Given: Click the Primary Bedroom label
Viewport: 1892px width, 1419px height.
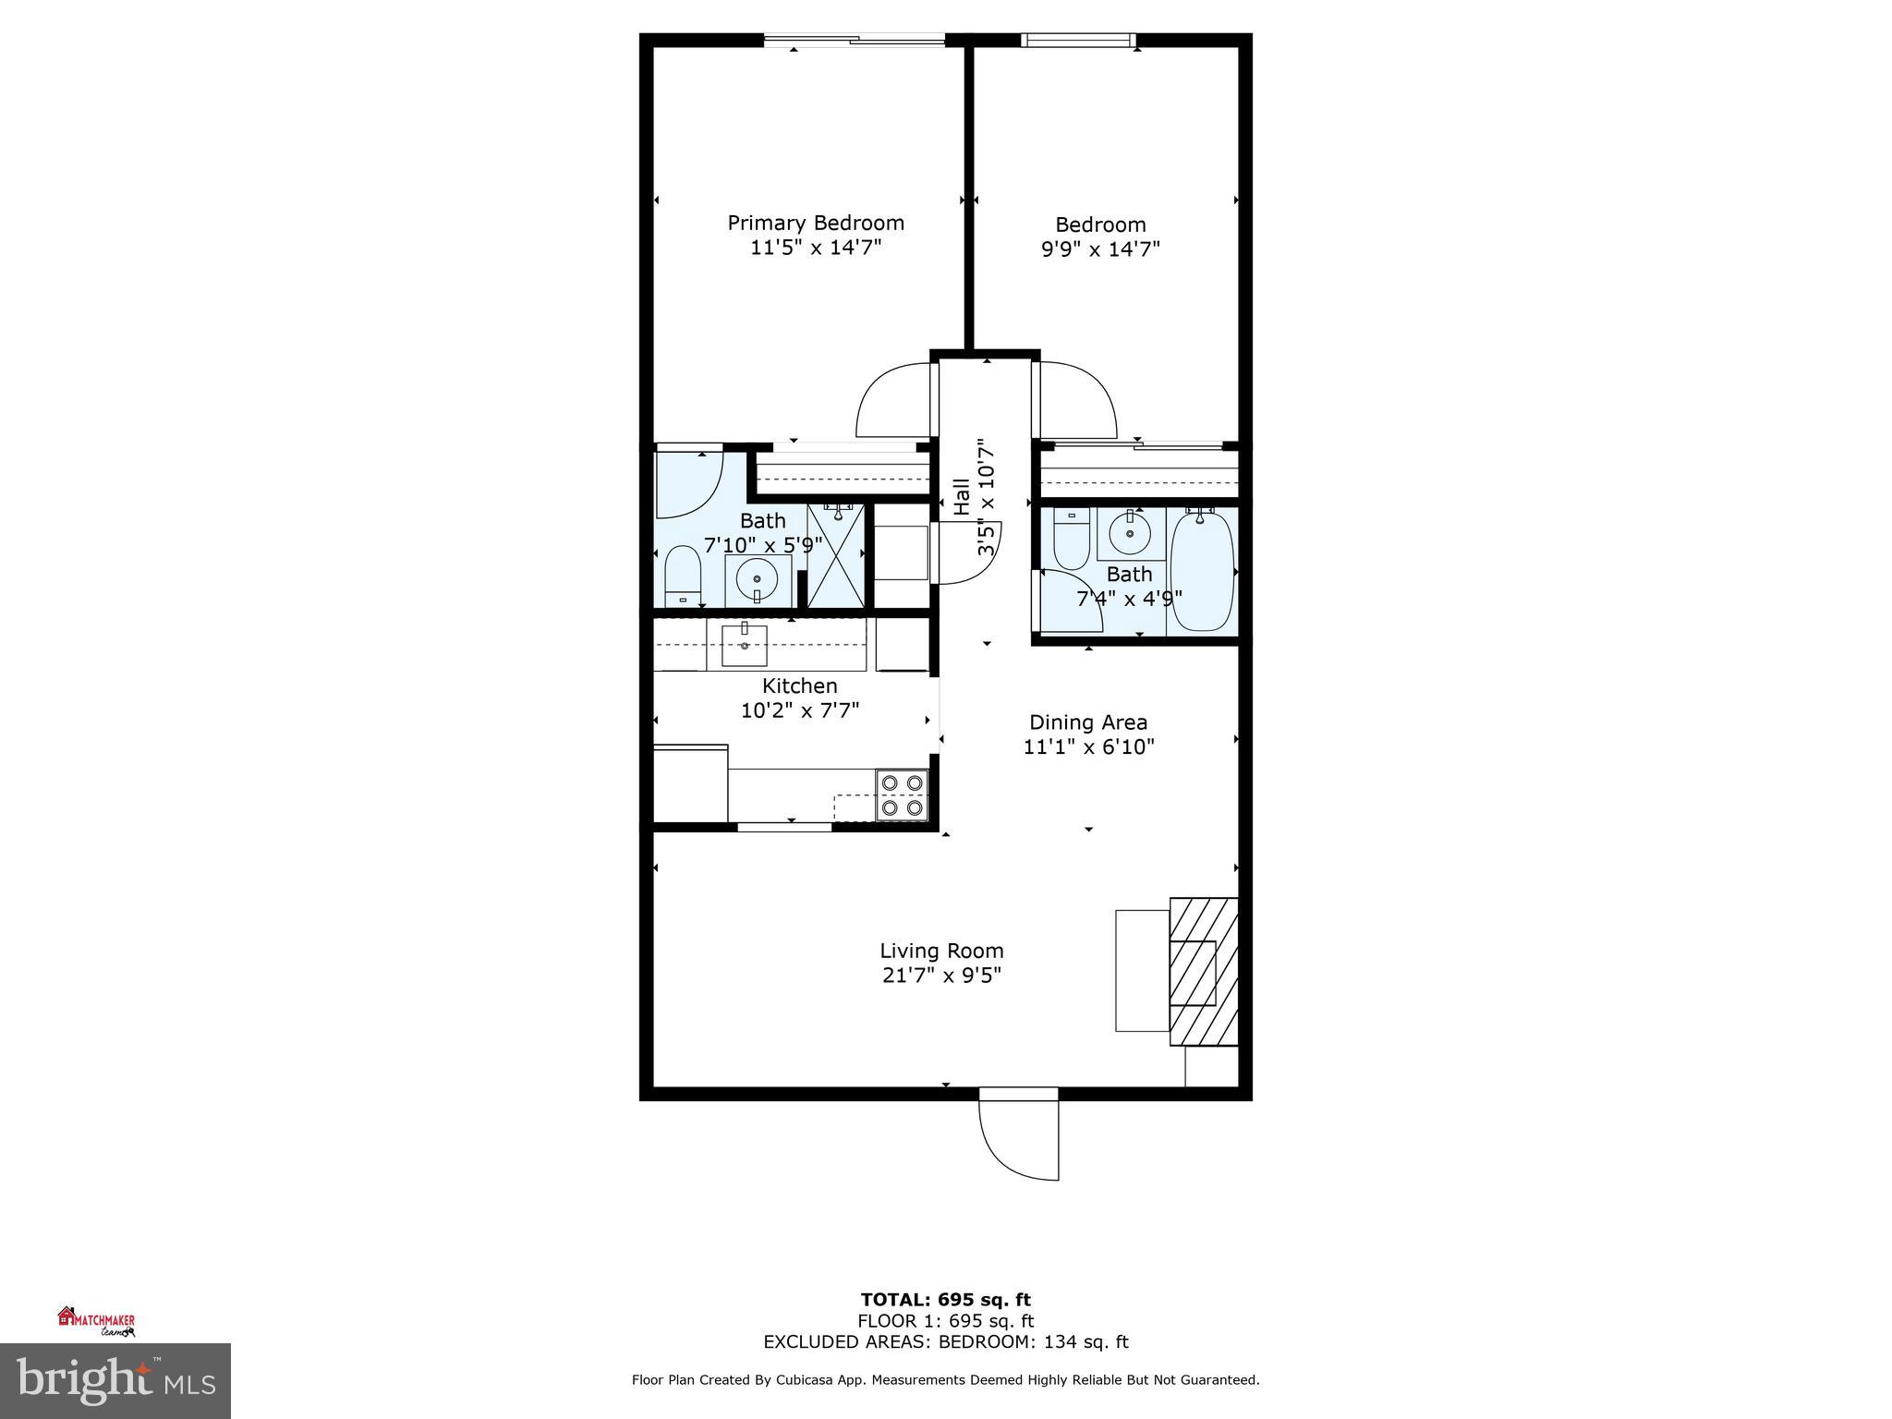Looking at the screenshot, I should pos(815,223).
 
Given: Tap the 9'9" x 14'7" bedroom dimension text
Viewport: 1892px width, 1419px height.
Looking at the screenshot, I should pos(1100,249).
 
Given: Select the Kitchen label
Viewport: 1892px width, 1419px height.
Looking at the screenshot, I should pos(799,685).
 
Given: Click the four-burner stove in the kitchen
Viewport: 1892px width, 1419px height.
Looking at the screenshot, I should pos(902,795).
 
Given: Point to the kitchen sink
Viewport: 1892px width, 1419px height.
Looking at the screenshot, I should pos(744,645).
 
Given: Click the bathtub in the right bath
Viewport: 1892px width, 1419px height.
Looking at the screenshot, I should pos(1201,570).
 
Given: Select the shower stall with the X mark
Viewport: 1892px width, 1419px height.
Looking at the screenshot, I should pos(836,555).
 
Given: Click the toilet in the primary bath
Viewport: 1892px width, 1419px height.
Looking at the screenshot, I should pos(683,575).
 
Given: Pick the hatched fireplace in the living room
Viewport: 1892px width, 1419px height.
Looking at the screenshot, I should pos(1203,971).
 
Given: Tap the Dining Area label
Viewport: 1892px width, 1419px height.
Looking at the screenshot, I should pos(1088,722).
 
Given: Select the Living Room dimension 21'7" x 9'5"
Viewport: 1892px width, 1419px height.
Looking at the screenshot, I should pos(941,976).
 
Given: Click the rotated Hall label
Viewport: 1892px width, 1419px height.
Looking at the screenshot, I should pos(962,496).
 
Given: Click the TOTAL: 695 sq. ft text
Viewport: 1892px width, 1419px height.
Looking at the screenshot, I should pos(945,1300).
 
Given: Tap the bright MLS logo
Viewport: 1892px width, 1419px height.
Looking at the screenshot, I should pos(115,1381).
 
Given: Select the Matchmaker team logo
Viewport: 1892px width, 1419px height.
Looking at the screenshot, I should pos(97,1321).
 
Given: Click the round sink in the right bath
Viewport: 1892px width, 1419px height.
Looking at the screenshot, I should pos(1129,533).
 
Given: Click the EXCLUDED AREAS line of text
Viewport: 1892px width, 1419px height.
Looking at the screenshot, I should pos(945,1342).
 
